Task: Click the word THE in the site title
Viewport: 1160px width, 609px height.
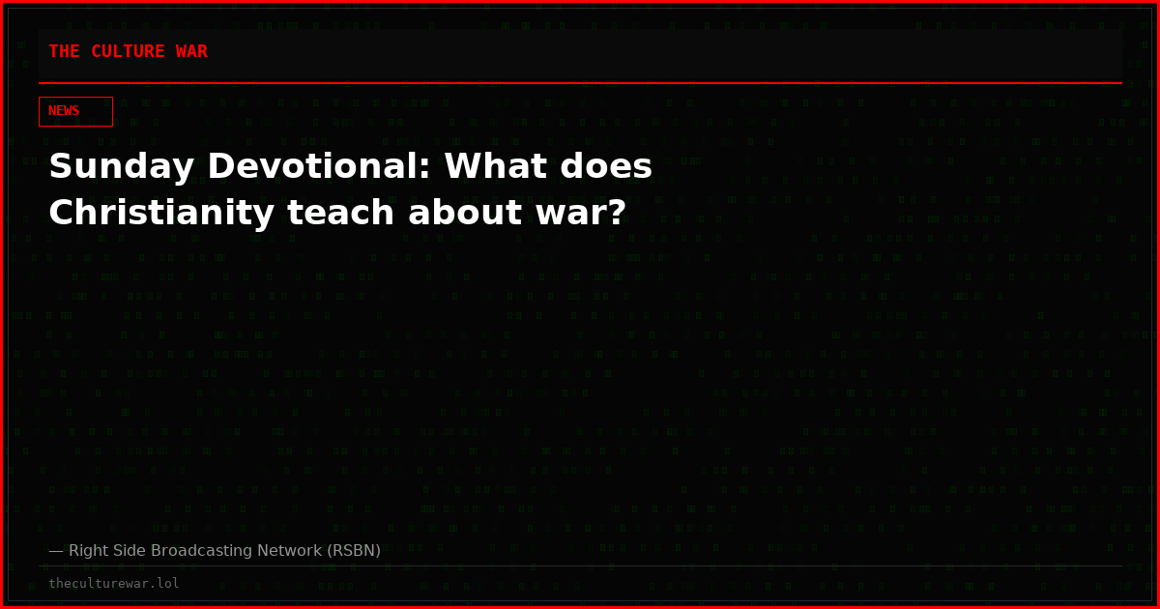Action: (64, 52)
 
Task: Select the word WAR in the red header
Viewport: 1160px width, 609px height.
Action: (191, 52)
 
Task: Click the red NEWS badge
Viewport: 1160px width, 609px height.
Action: (75, 111)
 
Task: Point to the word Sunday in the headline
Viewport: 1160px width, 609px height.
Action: (108, 168)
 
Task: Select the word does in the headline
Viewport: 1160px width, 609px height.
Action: (604, 168)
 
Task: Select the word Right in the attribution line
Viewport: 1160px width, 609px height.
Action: (88, 551)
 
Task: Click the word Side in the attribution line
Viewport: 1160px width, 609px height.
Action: (130, 551)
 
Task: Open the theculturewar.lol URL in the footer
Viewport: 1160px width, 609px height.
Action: (114, 584)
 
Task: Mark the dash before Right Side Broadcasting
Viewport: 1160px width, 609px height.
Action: (55, 551)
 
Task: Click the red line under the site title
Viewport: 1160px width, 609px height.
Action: (580, 83)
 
